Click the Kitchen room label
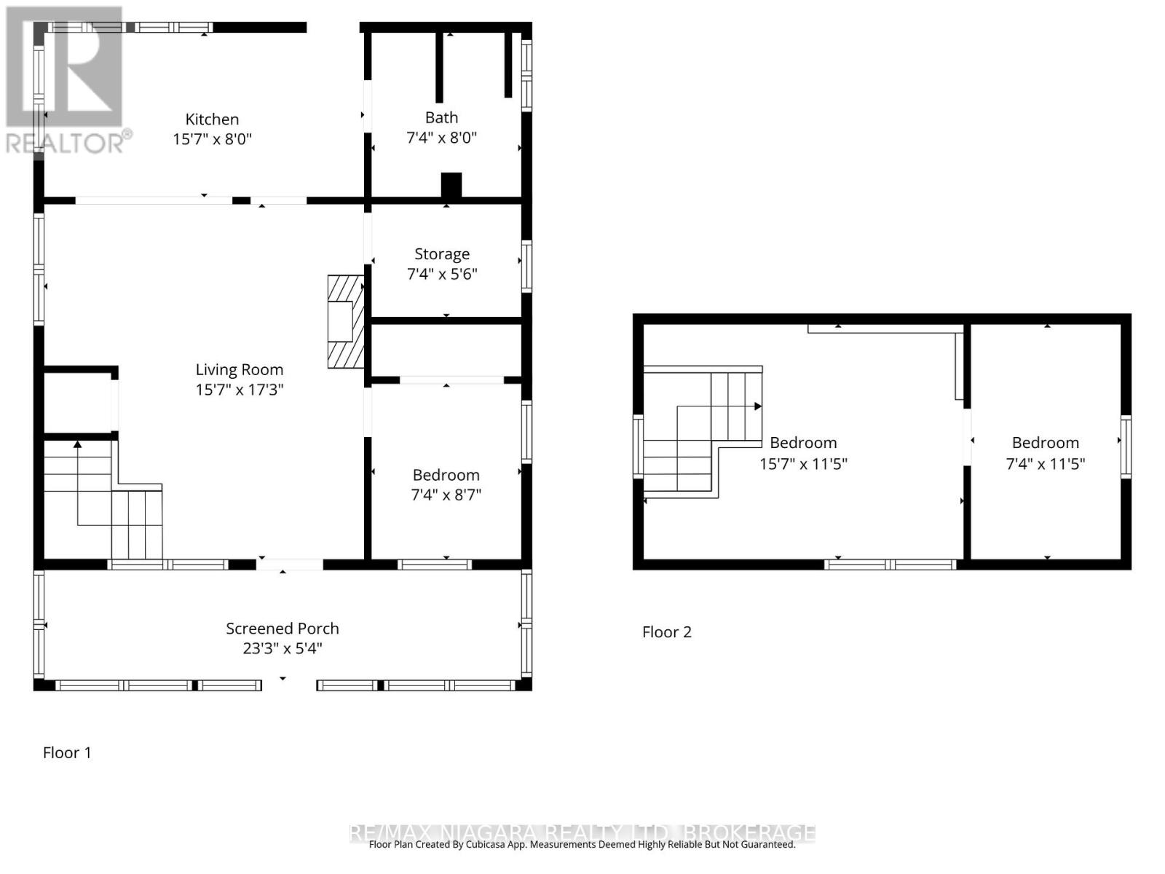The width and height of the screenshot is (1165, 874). coord(212,119)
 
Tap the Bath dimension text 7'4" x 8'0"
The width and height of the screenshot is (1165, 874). coord(441,138)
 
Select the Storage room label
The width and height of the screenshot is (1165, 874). coord(442,254)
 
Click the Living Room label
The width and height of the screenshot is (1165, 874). coord(239,370)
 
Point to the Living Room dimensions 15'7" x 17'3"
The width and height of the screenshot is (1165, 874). coord(239,390)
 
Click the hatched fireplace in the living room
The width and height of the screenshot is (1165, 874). coord(345,321)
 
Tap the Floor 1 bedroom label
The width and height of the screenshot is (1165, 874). coord(446,476)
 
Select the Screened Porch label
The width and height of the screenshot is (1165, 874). coord(282,629)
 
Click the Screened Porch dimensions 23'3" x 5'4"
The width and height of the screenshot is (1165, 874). coord(282,648)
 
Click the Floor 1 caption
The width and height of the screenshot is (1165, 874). coord(67,753)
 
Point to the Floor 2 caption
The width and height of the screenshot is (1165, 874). coord(666,632)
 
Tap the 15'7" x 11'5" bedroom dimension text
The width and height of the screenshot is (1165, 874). coord(803,464)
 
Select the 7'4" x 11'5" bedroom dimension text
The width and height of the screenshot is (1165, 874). coord(1045,464)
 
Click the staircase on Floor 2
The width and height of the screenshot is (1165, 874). coord(699,433)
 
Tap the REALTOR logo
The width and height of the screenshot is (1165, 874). coord(66,80)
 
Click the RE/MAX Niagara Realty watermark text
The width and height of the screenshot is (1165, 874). coord(582,832)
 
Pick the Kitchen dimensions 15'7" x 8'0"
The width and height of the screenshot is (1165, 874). coord(212,139)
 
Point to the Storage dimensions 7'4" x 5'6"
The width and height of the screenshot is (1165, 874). coord(442,275)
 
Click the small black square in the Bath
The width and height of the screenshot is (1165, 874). coord(451,185)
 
